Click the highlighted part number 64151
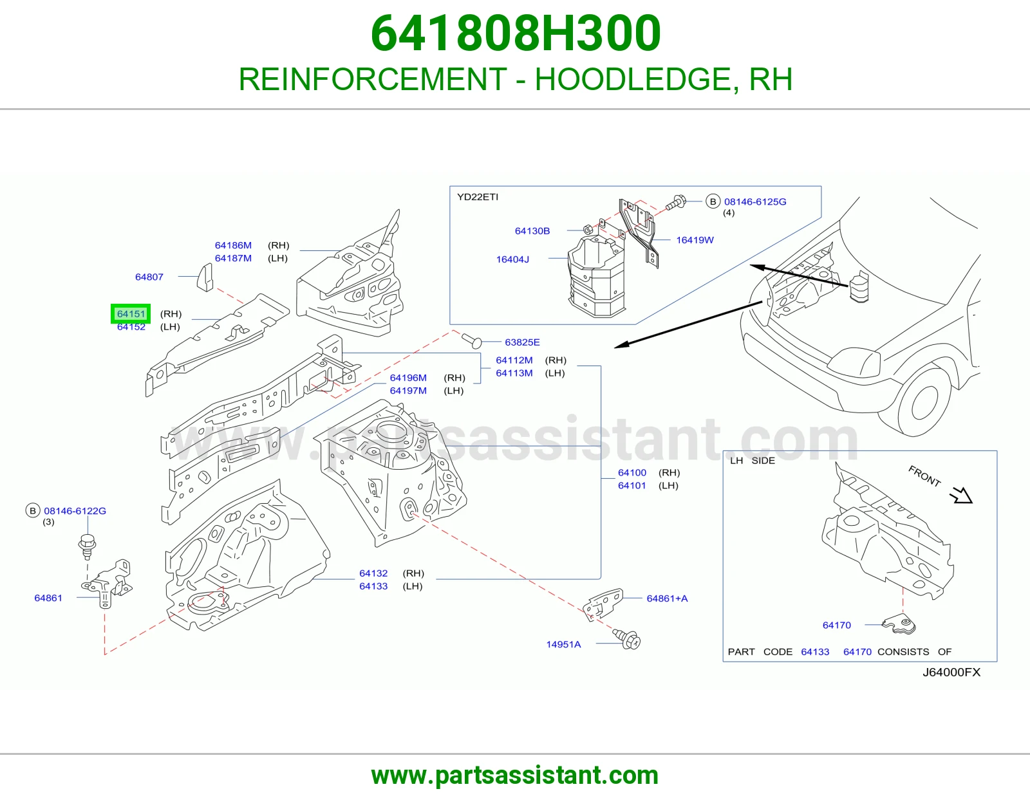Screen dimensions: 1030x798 tap(131, 313)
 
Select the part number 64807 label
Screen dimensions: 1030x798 tap(149, 277)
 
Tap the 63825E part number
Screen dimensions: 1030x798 tap(522, 342)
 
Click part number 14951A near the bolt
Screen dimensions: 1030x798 tap(563, 644)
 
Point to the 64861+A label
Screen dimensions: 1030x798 tap(667, 598)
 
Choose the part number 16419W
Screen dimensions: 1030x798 tap(695, 240)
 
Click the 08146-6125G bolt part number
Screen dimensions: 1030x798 tap(755, 201)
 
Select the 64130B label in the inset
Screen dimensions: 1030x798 tap(532, 231)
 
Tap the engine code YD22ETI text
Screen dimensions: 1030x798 tap(477, 197)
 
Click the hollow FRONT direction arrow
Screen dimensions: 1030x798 tap(960, 495)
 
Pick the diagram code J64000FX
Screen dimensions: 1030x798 tap(951, 672)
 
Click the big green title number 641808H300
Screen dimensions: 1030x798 tap(516, 33)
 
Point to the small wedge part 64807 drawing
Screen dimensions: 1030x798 tap(205, 277)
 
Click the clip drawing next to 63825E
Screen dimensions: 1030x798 tap(471, 340)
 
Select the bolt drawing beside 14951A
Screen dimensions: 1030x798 tap(626, 638)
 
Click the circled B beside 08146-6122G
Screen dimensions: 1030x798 tap(33, 511)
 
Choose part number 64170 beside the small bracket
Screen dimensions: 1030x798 tap(837, 625)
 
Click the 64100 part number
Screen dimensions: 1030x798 tap(632, 472)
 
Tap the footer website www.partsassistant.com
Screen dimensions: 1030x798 tap(515, 775)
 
